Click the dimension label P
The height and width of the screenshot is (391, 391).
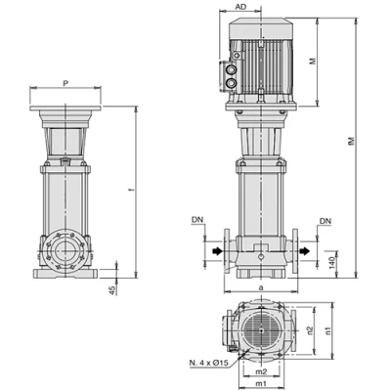click(65, 85)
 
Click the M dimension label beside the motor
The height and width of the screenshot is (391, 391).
click(339, 62)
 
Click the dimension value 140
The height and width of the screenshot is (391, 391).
click(333, 260)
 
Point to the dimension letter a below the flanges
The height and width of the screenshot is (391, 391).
click(261, 288)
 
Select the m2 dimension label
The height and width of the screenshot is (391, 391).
click(260, 371)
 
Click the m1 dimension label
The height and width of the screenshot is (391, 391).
click(260, 384)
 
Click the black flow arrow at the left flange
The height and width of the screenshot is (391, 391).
click(212, 253)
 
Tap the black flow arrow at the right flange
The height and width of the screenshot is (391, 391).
click(310, 253)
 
